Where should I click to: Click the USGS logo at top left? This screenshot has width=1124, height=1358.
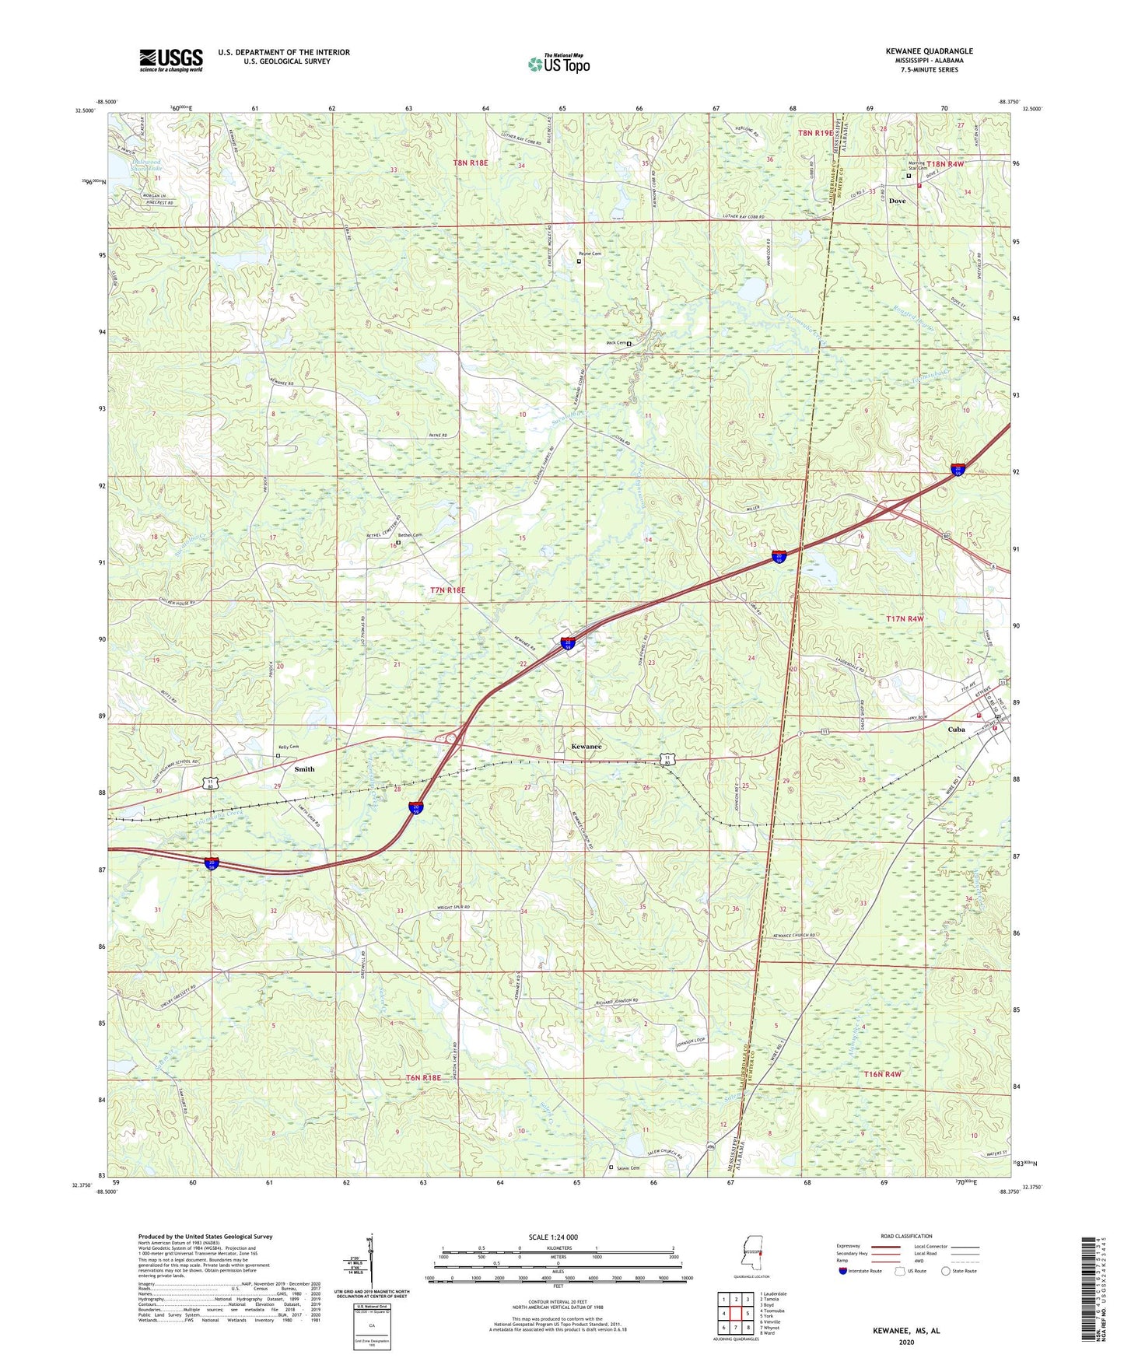[x=171, y=60]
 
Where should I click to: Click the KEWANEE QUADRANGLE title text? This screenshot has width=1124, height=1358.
[x=929, y=51]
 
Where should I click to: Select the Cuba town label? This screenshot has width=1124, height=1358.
[x=956, y=730]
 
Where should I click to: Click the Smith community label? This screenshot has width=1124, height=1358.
[x=304, y=769]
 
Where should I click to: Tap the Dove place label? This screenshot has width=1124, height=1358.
[x=898, y=201]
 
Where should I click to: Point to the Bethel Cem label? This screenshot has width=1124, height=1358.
[x=410, y=535]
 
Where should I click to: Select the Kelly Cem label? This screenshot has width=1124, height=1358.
[x=289, y=747]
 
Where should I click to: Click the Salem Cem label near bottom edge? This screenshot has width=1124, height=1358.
[x=627, y=1167]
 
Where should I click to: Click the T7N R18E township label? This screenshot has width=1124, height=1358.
[x=447, y=590]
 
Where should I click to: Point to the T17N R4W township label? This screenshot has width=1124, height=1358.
[x=905, y=618]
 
